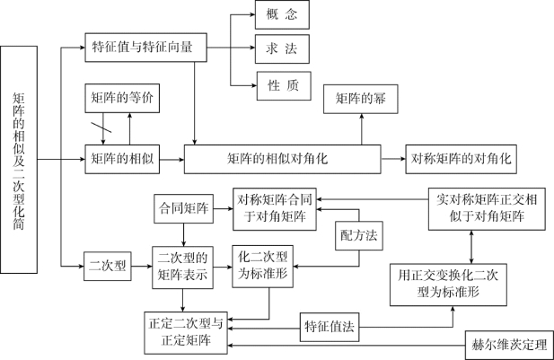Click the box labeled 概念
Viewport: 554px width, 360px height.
(281, 15)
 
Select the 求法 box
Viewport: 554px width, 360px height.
(281, 47)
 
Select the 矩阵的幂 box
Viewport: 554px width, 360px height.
(361, 100)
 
